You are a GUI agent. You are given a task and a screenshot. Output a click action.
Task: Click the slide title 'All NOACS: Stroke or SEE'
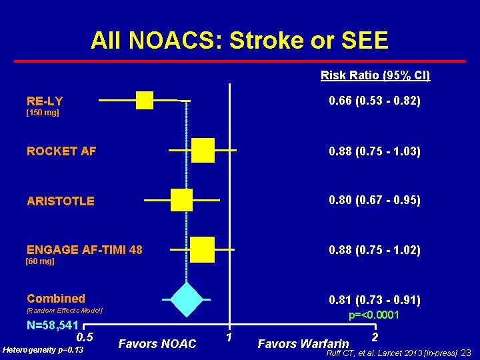[239, 41]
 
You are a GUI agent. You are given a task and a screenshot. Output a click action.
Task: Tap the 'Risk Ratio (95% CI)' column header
[375, 75]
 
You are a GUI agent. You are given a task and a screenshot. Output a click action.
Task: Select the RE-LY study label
[45, 101]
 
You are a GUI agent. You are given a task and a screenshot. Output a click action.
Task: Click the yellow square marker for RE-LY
[145, 100]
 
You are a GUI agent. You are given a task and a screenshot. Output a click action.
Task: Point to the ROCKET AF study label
[61, 151]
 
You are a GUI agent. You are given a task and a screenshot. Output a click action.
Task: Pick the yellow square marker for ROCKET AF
[203, 151]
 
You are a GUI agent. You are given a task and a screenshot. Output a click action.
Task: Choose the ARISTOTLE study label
[61, 201]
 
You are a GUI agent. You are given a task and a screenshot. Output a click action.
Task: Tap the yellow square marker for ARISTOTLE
[181, 200]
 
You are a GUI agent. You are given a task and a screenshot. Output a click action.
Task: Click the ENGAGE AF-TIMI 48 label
[85, 250]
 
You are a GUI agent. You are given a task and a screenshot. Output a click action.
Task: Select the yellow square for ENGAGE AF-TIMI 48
[202, 249]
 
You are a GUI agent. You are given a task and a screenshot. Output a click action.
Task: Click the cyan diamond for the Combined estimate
[187, 299]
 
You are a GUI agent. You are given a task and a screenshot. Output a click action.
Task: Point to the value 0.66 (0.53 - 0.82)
[375, 101]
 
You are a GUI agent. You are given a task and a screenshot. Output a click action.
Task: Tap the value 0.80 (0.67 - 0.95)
[375, 200]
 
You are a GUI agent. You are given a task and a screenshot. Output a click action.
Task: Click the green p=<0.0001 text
[374, 315]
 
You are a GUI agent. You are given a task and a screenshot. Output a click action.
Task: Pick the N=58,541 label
[53, 326]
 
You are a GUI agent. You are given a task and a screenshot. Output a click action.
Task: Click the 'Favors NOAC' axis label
[157, 344]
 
